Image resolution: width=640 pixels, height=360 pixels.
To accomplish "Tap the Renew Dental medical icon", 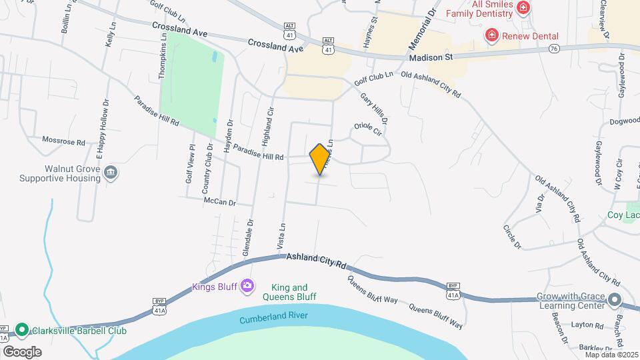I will pyautogui.click(x=492, y=34).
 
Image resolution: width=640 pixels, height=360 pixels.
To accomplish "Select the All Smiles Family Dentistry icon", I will pyautogui.click(x=524, y=7).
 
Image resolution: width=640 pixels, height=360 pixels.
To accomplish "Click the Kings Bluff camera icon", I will pyautogui.click(x=247, y=286).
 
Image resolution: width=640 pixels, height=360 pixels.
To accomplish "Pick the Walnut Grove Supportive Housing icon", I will pyautogui.click(x=111, y=173).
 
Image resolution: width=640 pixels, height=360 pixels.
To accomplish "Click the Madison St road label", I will pyautogui.click(x=431, y=57).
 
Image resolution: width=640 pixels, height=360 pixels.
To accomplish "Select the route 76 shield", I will pyautogui.click(x=554, y=49).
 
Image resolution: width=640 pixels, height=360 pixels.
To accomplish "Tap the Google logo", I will pyautogui.click(x=22, y=351).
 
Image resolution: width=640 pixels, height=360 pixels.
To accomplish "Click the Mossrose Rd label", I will pyautogui.click(x=63, y=142).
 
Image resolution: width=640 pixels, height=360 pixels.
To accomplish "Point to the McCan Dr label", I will pyautogui.click(x=220, y=200).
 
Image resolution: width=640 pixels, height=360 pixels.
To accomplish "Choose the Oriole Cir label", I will pyautogui.click(x=367, y=128).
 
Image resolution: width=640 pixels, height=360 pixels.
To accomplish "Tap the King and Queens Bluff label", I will pyautogui.click(x=289, y=292).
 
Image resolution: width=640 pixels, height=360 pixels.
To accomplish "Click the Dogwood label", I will pyautogui.click(x=625, y=122).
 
